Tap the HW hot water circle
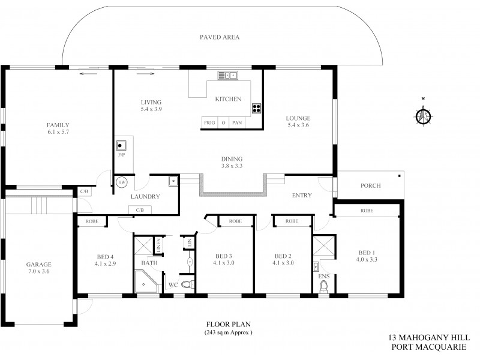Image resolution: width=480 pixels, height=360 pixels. (122, 182)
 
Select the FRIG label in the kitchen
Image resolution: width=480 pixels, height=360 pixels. (209, 122)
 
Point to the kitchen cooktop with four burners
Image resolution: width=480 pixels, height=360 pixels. (257, 109)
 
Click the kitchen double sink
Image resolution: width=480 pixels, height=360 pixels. (228, 75)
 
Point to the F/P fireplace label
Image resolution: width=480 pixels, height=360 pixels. (121, 155)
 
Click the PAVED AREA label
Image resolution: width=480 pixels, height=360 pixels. (220, 37)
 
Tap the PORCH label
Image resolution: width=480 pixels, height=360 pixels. (371, 185)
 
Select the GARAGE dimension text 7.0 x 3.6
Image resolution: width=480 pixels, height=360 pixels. (38, 272)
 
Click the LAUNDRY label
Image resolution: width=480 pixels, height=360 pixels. (145, 196)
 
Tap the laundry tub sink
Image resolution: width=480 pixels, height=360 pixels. (173, 179)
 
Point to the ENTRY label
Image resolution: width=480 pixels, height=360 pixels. (302, 195)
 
